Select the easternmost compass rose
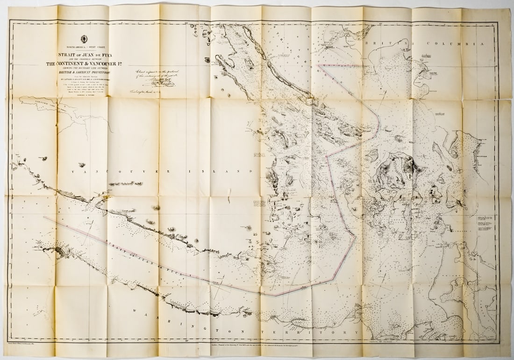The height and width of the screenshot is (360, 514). coord(381,287)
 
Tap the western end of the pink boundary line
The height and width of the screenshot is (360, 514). coord(45,217)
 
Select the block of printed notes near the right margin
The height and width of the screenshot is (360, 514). coord(485,223)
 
